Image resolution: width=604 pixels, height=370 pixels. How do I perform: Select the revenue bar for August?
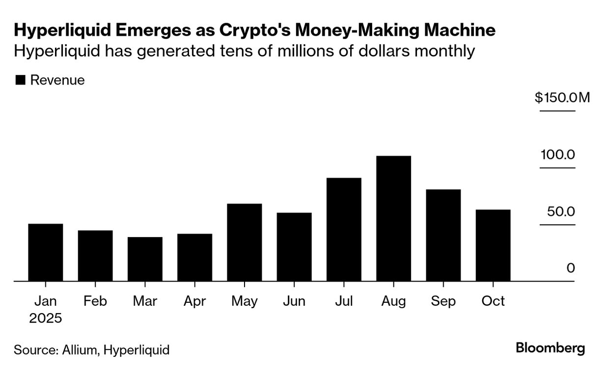393,219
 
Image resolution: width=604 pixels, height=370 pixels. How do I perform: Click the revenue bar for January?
46,253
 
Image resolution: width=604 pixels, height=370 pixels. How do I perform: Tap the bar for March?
145,259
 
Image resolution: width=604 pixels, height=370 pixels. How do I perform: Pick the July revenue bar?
344,230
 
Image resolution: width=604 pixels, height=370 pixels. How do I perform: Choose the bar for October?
493,245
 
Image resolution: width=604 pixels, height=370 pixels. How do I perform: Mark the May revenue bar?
245,242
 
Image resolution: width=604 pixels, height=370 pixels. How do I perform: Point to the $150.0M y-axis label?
562,98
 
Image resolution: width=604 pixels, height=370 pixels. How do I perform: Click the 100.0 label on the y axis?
557,155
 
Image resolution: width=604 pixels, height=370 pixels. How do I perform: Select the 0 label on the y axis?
570,268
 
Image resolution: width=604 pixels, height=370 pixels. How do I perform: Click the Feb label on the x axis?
95,300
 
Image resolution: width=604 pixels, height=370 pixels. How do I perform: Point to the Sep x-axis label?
443,300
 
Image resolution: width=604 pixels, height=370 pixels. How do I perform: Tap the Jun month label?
294,300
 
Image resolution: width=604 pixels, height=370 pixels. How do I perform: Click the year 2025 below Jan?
46,318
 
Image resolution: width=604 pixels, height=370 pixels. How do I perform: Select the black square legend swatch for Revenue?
20,80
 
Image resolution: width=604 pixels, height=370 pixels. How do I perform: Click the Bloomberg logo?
550,348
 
